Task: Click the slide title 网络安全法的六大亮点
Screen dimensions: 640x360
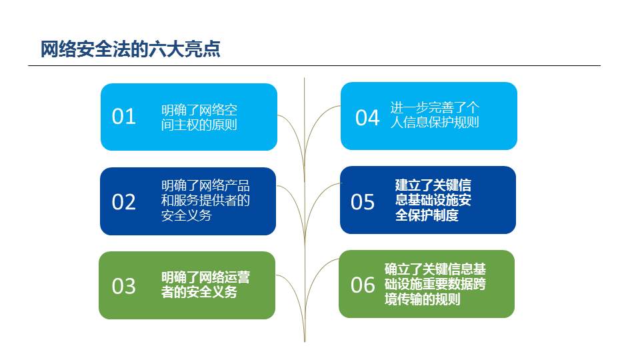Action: click(x=130, y=49)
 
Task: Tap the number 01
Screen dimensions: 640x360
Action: click(x=124, y=117)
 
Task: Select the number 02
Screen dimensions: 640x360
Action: click(x=124, y=202)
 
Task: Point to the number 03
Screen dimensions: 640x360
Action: click(x=124, y=286)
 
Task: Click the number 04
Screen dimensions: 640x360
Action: click(x=367, y=118)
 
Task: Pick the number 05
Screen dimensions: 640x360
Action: click(x=363, y=202)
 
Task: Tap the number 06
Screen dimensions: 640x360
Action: click(x=363, y=285)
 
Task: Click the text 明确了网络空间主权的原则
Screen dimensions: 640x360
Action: click(x=199, y=117)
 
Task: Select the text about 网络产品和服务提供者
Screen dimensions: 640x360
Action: click(x=205, y=201)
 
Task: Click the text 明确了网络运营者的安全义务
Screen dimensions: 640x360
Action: click(x=205, y=285)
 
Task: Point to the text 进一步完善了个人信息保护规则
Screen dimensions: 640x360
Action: click(x=435, y=115)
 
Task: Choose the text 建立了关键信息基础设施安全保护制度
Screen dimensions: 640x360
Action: click(x=433, y=200)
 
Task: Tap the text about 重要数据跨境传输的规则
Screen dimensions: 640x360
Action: click(x=435, y=284)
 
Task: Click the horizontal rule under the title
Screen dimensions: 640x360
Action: click(x=314, y=65)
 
